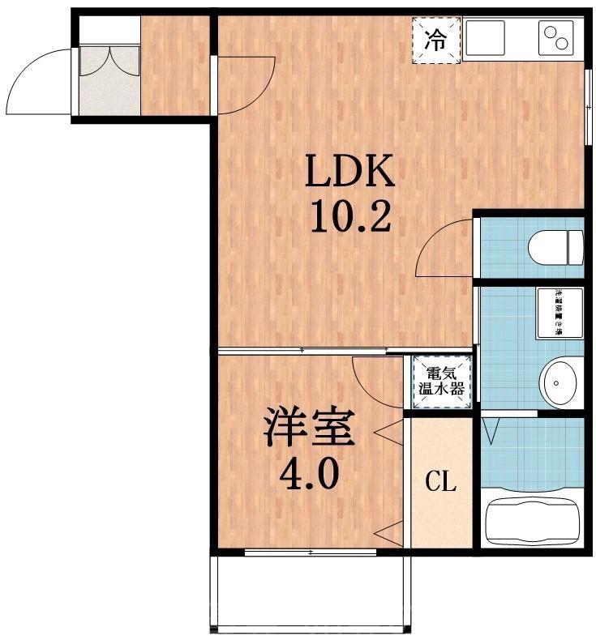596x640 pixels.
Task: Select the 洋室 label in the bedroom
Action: tap(308, 429)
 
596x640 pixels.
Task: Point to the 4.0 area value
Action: tap(309, 474)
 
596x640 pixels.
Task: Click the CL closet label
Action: tap(441, 484)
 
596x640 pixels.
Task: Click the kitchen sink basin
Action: tap(485, 37)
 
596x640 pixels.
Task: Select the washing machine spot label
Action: tap(558, 312)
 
